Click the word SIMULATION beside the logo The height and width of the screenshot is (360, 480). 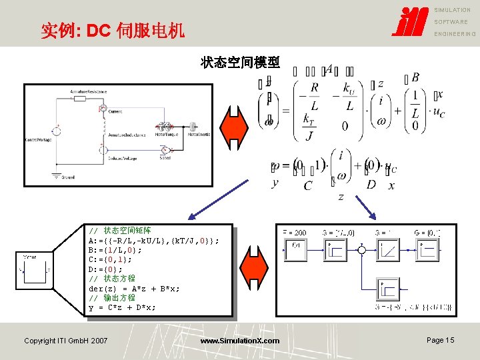pos(453,10)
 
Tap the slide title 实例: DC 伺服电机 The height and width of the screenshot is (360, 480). pos(113,30)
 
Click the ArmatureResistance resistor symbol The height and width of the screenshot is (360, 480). pos(80,98)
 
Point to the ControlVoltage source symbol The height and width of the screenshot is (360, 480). pos(56,131)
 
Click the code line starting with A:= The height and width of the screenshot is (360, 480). pos(153,240)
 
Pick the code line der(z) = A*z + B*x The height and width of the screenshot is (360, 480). pos(134,289)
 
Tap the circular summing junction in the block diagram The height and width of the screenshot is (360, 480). pos(361,250)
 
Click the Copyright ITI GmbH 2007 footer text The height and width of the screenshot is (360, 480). pos(65,341)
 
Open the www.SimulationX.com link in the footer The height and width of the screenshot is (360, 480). pos(240,341)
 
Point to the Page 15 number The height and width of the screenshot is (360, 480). pos(440,340)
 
